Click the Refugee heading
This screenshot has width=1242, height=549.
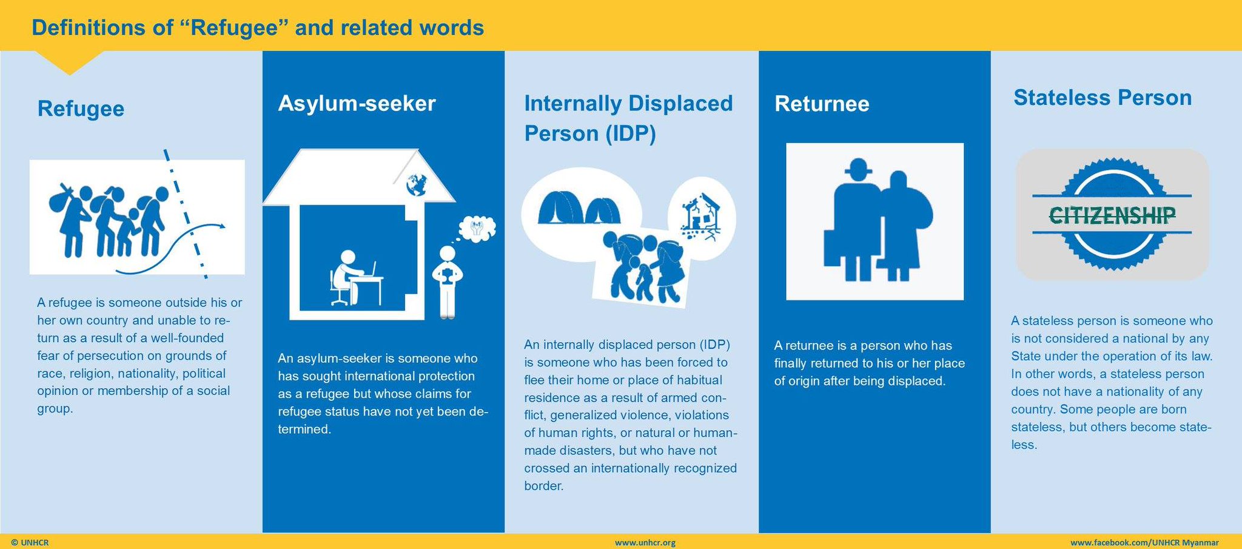81,109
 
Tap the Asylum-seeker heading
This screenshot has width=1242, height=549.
357,104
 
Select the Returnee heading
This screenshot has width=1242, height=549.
822,104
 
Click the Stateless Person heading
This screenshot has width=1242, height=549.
1103,98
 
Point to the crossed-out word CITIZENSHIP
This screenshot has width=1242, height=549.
1112,215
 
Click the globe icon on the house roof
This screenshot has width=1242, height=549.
417,184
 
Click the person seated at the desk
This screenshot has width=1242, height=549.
345,276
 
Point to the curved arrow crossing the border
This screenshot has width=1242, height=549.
176,247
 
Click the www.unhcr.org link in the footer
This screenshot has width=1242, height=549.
645,542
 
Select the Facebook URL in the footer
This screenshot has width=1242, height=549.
1144,542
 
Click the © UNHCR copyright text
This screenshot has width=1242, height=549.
30,542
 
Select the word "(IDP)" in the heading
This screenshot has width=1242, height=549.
631,133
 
